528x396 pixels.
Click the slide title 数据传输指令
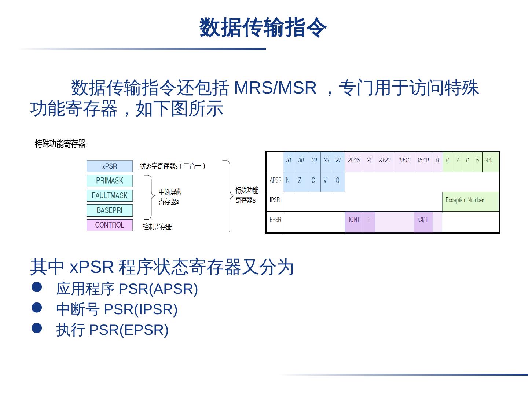[x=263, y=27]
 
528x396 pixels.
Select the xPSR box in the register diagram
[x=109, y=166]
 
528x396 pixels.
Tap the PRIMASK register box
[x=109, y=181]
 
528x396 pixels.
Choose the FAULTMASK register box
[x=109, y=195]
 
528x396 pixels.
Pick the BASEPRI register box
[x=109, y=210]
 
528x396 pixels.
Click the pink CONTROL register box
[x=109, y=225]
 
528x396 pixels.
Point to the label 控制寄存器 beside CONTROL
[x=157, y=227]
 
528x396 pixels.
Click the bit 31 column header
[x=289, y=160]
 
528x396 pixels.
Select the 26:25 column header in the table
[x=353, y=160]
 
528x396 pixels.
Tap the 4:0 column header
[x=489, y=160]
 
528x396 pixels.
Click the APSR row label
[x=275, y=180]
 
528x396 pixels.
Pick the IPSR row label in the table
[x=275, y=200]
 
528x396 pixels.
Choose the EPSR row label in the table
[x=275, y=220]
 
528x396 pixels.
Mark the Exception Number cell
[x=465, y=200]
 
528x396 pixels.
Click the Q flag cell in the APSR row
[x=338, y=180]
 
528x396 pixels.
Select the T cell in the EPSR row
[x=368, y=220]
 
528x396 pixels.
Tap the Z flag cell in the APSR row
[x=300, y=180]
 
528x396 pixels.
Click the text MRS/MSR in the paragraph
[x=275, y=88]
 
